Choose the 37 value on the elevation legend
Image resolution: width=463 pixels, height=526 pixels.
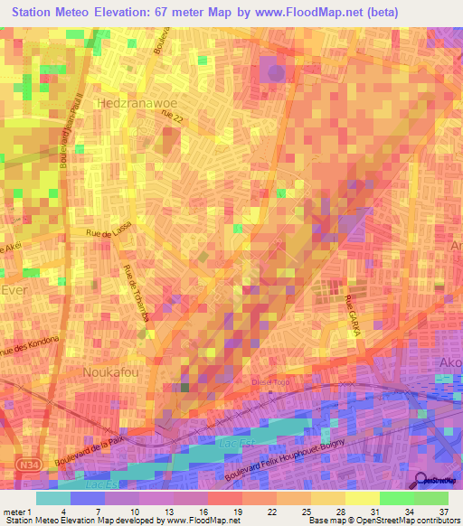(442, 511)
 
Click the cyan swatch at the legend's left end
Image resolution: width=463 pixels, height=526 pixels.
(53, 497)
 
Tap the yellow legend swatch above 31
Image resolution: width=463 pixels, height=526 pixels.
(361, 497)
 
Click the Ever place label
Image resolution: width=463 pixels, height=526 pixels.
(15, 289)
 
